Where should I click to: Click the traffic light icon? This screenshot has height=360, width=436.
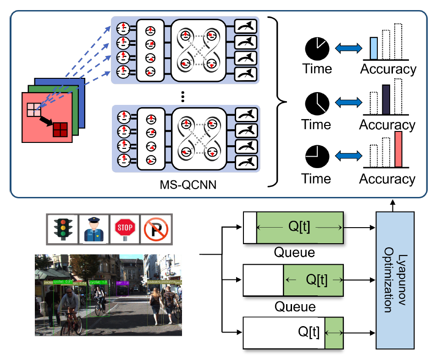61,228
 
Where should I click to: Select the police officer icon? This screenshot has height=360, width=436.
93,228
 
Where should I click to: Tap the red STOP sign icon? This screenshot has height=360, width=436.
124,228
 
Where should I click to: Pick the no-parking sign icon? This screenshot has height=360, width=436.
155,228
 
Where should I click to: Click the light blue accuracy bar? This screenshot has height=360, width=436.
375,49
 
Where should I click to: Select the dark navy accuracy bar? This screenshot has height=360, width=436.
386,99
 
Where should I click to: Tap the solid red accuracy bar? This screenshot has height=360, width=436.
398,149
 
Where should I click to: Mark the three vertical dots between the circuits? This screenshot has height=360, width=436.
183,96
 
